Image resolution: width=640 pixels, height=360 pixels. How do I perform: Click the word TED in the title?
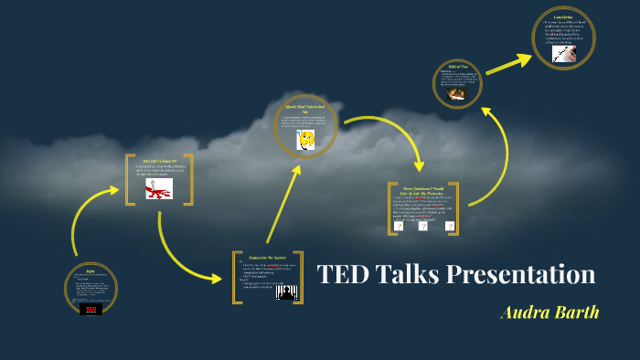coord(344,275)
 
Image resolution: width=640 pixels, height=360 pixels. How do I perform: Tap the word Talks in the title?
coord(407,275)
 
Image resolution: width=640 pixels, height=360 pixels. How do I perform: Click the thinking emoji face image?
coord(306,140)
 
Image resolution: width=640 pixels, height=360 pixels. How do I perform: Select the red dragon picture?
coord(159,189)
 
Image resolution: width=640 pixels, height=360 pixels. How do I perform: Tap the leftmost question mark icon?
coord(399,225)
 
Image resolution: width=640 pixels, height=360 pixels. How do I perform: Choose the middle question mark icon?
coord(423,225)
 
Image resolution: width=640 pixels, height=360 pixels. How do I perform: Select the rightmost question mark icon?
coord(448,225)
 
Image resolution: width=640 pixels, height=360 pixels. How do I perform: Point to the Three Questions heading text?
coord(422,189)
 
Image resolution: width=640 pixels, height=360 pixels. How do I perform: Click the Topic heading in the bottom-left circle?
coord(90,271)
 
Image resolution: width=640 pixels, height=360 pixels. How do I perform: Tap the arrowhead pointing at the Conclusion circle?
coord(526,59)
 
